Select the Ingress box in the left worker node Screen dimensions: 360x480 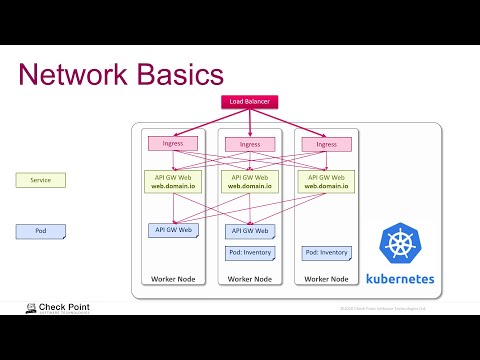(x=172, y=144)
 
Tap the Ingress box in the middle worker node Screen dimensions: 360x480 (x=249, y=145)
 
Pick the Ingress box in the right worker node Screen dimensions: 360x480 (x=325, y=144)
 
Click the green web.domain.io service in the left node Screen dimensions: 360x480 (x=172, y=181)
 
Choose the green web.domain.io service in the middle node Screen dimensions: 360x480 (x=249, y=181)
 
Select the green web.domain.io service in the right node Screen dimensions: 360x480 (x=326, y=181)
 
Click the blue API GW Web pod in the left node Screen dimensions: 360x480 (x=172, y=230)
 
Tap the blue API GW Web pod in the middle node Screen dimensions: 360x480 (x=249, y=231)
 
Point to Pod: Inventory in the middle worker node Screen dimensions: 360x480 (x=249, y=252)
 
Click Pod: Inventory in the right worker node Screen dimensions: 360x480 (x=326, y=252)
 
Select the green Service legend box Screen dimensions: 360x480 (x=40, y=180)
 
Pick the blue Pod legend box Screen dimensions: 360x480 (x=40, y=231)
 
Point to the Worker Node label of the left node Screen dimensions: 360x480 (x=172, y=278)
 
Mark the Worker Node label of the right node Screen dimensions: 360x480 (x=326, y=278)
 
